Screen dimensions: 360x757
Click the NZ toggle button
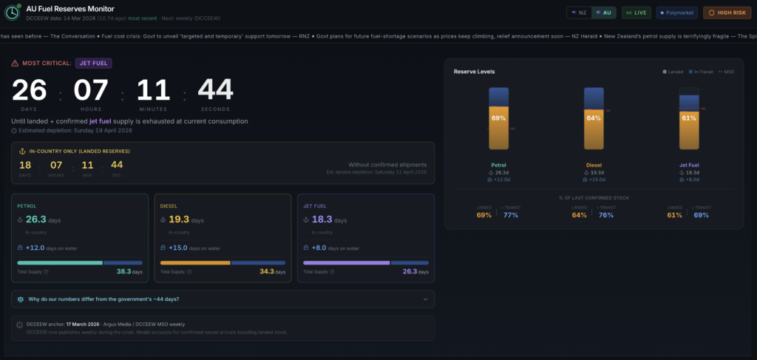click(579, 13)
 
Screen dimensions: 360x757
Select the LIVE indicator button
click(637, 13)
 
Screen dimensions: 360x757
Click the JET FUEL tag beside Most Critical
click(93, 63)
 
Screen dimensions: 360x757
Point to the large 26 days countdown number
click(30, 90)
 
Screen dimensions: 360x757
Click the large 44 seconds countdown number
click(215, 90)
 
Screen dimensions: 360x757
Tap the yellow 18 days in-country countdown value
click(25, 164)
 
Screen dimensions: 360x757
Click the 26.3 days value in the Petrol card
click(35, 220)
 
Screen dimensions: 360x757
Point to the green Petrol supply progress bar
click(60, 262)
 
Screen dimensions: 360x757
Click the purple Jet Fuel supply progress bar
click(346, 262)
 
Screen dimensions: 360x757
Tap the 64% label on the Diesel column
click(594, 118)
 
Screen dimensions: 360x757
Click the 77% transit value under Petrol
click(510, 215)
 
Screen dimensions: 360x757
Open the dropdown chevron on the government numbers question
click(425, 299)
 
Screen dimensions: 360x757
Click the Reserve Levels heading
click(474, 72)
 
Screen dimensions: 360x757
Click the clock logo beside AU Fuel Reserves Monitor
click(13, 13)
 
